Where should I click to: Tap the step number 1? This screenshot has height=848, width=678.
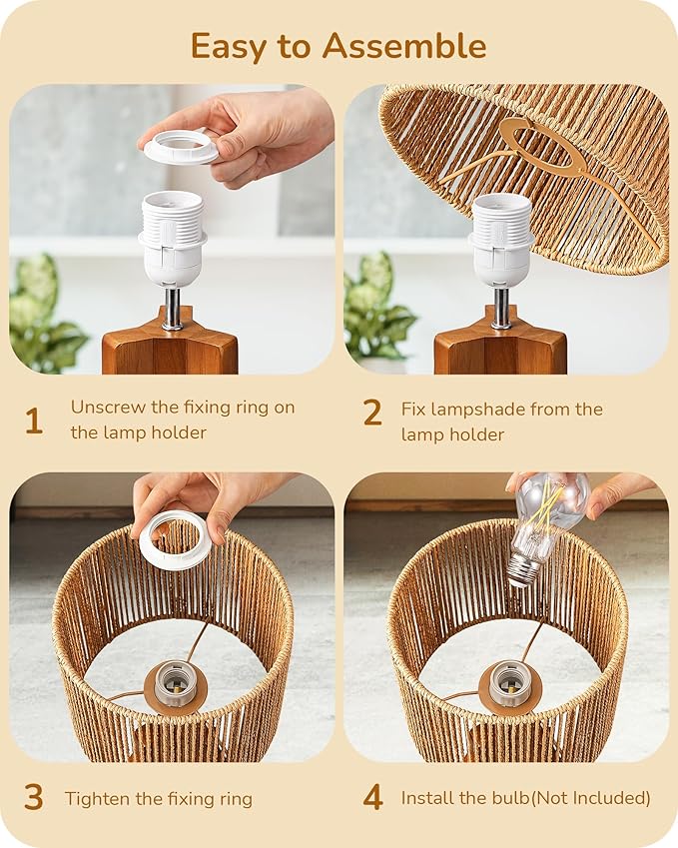(x=33, y=421)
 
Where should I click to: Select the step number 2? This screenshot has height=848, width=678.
(x=371, y=412)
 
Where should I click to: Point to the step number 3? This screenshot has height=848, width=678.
(x=33, y=797)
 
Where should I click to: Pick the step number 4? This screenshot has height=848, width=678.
(x=371, y=797)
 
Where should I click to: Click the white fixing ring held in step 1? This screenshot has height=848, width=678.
(x=181, y=149)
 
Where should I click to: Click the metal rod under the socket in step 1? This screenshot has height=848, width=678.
(x=173, y=309)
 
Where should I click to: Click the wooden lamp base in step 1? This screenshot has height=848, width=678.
(x=170, y=350)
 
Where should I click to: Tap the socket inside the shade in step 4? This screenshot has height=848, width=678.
(x=509, y=684)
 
